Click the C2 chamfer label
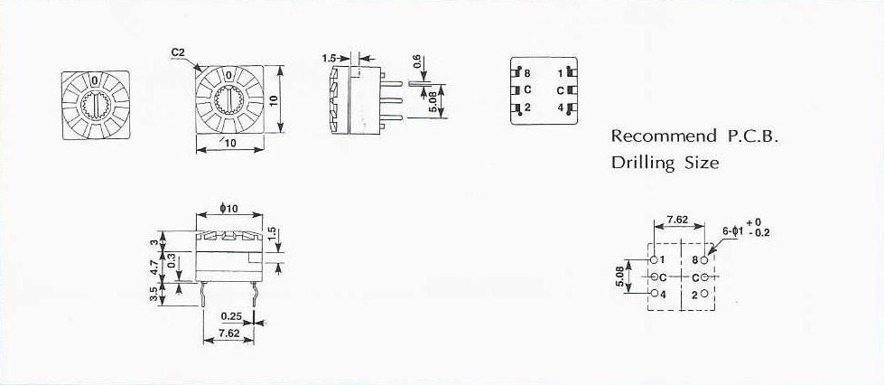coord(178,53)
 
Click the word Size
coord(703,164)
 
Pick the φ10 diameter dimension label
coord(229,210)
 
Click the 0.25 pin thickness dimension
coord(230,316)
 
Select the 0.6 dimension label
coord(416,62)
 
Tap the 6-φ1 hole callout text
coord(736,230)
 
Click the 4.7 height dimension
coord(155,267)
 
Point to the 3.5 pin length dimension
coord(155,294)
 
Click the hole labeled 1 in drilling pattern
coord(654,260)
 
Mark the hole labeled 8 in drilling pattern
coord(704,260)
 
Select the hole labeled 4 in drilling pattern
coord(654,294)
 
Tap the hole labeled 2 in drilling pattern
coord(704,294)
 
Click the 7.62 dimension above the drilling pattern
coord(677,220)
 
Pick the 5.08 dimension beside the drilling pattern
coord(618,276)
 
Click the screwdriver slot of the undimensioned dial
coord(95,107)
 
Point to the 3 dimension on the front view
coord(155,242)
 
